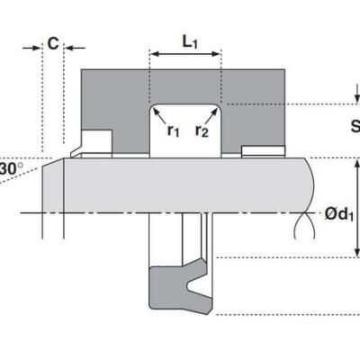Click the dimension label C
53,44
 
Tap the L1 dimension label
190,41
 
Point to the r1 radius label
173,130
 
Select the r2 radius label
202,130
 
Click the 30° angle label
11,168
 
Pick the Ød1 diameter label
339,214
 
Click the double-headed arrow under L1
185,54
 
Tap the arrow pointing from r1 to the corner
159,116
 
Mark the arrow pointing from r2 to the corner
211,116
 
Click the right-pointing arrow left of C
31,48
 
